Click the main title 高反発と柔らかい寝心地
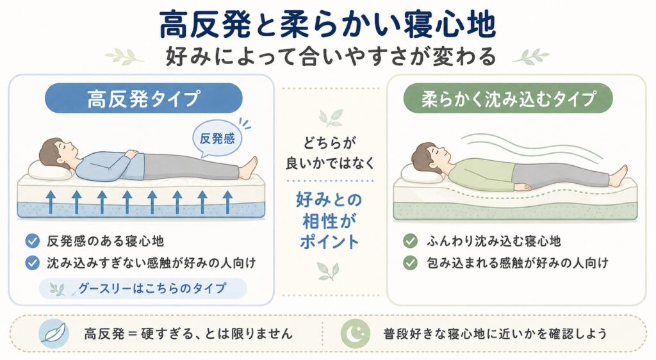327,25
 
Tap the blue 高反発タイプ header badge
143,98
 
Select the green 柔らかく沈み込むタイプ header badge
508,98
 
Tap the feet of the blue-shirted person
249,167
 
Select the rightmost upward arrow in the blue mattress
227,202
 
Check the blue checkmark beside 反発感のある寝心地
32,241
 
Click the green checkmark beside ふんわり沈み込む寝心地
410,241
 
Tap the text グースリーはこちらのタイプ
152,288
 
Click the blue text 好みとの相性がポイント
329,221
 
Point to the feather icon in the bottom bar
54,334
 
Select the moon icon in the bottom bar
355,334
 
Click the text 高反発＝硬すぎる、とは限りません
188,334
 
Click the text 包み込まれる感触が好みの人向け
517,263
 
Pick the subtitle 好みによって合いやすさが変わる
331,56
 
